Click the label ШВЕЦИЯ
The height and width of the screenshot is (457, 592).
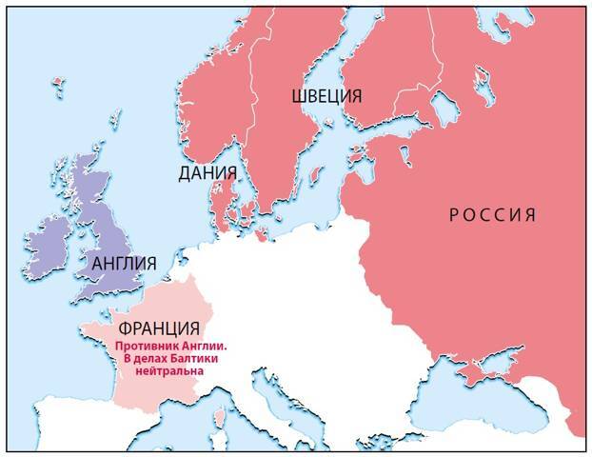(326, 96)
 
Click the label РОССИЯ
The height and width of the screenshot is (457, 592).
(492, 214)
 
